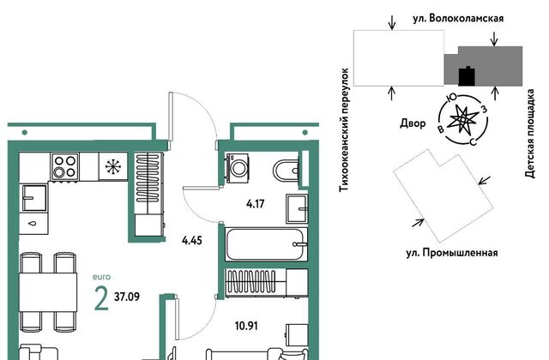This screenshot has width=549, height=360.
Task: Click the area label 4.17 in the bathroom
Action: click(256, 204)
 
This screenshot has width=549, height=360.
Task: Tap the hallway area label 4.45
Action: click(192, 241)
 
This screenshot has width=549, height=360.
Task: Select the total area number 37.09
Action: click(127, 297)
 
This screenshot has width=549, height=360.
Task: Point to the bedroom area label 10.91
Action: click(246, 326)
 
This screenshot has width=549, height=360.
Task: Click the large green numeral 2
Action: click(101, 298)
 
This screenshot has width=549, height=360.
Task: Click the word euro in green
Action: click(101, 277)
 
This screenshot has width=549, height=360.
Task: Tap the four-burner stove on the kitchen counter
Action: click(65, 166)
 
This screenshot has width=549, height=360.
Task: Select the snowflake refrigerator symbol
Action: click(113, 166)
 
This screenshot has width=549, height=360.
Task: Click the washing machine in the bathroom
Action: click(238, 168)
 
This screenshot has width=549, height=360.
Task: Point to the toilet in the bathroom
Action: click(286, 171)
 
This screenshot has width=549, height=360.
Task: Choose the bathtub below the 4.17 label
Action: click(267, 244)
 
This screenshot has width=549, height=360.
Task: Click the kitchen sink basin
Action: click(34, 198)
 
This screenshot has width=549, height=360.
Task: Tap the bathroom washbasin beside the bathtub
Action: click(297, 209)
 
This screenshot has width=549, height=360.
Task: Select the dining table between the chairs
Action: click(48, 292)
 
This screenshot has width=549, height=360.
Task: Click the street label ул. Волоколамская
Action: click(458, 18)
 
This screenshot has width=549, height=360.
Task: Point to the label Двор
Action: click(413, 123)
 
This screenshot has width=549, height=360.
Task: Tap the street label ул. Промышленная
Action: click(452, 252)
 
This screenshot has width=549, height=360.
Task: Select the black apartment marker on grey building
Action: click(467, 76)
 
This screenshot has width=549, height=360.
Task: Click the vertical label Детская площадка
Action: click(530, 134)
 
